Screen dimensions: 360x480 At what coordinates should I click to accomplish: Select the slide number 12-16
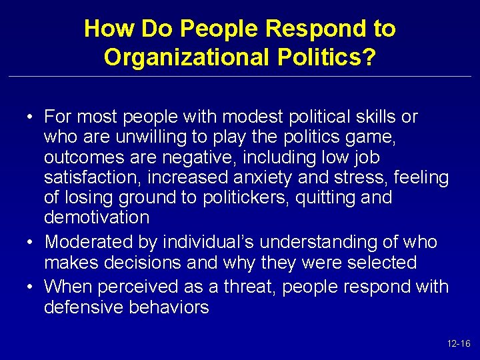pyautogui.click(x=459, y=344)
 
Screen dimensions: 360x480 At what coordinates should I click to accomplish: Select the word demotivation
pyautogui.click(x=96, y=217)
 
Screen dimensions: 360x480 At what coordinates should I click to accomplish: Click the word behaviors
pyautogui.click(x=172, y=307)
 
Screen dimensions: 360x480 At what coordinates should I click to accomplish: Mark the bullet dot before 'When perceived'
pyautogui.click(x=31, y=287)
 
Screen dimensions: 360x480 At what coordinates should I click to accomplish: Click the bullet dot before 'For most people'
pyautogui.click(x=31, y=117)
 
